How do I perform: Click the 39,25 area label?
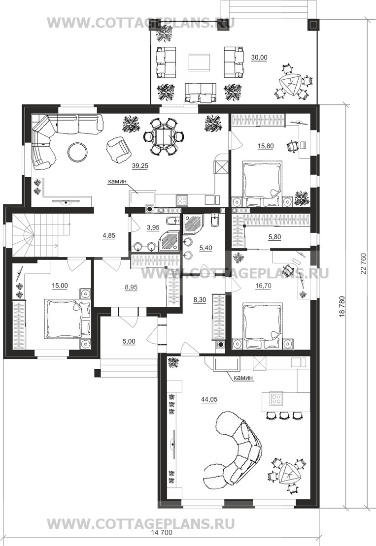pos(140,166)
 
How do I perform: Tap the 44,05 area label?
pos(209,400)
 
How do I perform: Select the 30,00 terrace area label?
pos(259,58)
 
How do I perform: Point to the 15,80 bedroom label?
pos(266,146)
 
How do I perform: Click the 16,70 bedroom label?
pos(263,286)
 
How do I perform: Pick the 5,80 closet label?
pos(274,237)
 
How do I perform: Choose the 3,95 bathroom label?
pos(153,228)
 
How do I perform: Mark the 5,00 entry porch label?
pos(129,342)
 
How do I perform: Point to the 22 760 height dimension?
pos(365,263)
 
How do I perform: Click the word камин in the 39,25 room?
pos(117,181)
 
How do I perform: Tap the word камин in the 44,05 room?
pos(243,378)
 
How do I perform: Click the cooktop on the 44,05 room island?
pos(276,399)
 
